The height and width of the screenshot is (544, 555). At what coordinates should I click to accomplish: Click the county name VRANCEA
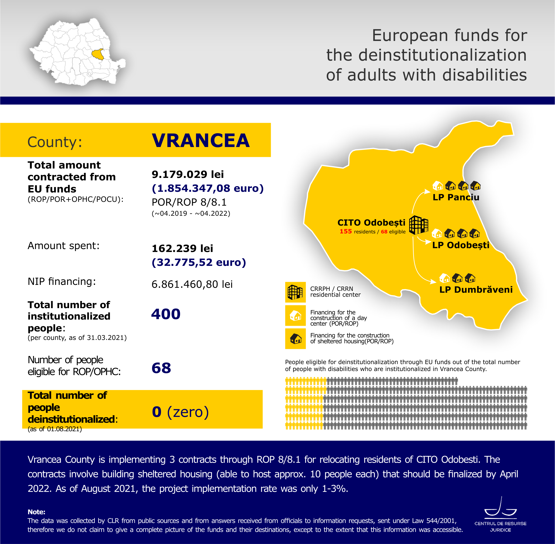(x=201, y=141)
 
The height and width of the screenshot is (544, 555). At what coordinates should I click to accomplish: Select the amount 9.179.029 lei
(x=188, y=174)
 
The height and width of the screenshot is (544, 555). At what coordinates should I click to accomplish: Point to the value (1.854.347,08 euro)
(x=208, y=188)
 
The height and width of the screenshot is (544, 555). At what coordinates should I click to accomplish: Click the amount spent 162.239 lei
(x=182, y=249)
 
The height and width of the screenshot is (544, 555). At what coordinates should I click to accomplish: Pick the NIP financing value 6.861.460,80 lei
(x=192, y=284)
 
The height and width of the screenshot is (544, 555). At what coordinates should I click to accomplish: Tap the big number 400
(x=166, y=314)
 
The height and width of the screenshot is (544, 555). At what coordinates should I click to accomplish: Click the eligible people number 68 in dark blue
(x=161, y=368)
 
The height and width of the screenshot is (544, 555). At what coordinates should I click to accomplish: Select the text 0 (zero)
(x=180, y=412)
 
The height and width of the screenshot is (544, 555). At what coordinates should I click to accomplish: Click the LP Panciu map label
(x=456, y=197)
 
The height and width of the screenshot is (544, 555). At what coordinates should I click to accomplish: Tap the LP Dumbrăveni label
(x=476, y=289)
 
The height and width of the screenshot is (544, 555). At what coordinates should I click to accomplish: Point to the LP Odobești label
(x=460, y=245)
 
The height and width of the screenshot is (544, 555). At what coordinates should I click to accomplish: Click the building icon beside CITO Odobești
(x=419, y=225)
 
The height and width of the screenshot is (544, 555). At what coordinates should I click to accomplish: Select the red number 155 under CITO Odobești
(x=345, y=231)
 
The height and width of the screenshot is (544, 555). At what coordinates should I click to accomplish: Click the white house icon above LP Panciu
(x=437, y=186)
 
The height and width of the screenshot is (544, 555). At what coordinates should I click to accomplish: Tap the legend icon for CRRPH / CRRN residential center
(x=295, y=292)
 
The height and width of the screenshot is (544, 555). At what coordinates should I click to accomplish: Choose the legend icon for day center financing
(x=295, y=316)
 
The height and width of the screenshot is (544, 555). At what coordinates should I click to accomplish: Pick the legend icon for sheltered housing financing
(x=295, y=339)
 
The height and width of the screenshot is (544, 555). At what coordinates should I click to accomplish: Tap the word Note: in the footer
(x=36, y=512)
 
